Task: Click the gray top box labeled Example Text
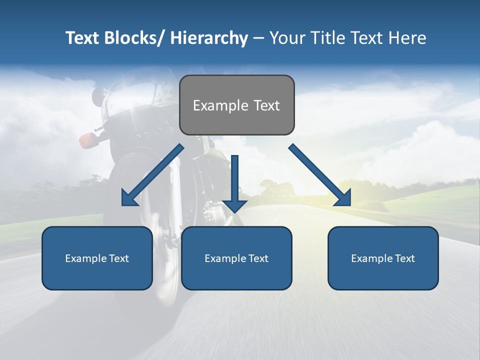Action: pos(236,105)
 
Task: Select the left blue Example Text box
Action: pos(97,258)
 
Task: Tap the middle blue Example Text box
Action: pos(236,258)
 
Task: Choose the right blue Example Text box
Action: pos(383,258)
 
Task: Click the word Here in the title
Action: pos(407,38)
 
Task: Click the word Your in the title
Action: pos(286,38)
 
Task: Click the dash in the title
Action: pos(258,38)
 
